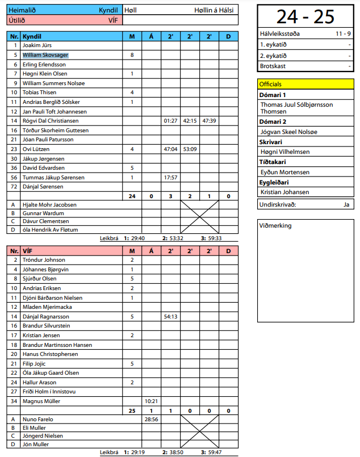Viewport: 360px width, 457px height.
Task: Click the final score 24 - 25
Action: [x=305, y=16]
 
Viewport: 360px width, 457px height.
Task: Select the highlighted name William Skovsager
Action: [x=45, y=55]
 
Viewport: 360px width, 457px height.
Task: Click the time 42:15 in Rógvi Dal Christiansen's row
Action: [x=190, y=121]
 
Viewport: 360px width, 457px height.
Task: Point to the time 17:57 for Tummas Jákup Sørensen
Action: [x=170, y=177]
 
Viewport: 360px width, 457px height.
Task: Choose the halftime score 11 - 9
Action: [x=342, y=34]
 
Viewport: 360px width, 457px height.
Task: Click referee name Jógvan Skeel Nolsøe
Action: [x=288, y=132]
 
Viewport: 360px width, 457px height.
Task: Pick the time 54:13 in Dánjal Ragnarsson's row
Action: [x=170, y=317]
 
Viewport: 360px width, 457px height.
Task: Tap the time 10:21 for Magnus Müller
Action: [x=151, y=401]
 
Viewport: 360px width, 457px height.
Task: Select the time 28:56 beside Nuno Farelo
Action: [x=151, y=419]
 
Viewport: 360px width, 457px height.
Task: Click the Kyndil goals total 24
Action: [x=132, y=196]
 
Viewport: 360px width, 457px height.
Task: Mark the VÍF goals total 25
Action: [x=132, y=410]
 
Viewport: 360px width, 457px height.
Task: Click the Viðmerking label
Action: [x=275, y=226]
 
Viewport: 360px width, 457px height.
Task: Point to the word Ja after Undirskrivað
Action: [x=346, y=204]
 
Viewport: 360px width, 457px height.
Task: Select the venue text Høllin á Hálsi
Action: [x=214, y=10]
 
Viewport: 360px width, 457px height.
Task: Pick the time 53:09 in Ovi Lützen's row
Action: [x=190, y=149]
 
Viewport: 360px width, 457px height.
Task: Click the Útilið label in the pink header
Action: [x=16, y=20]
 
